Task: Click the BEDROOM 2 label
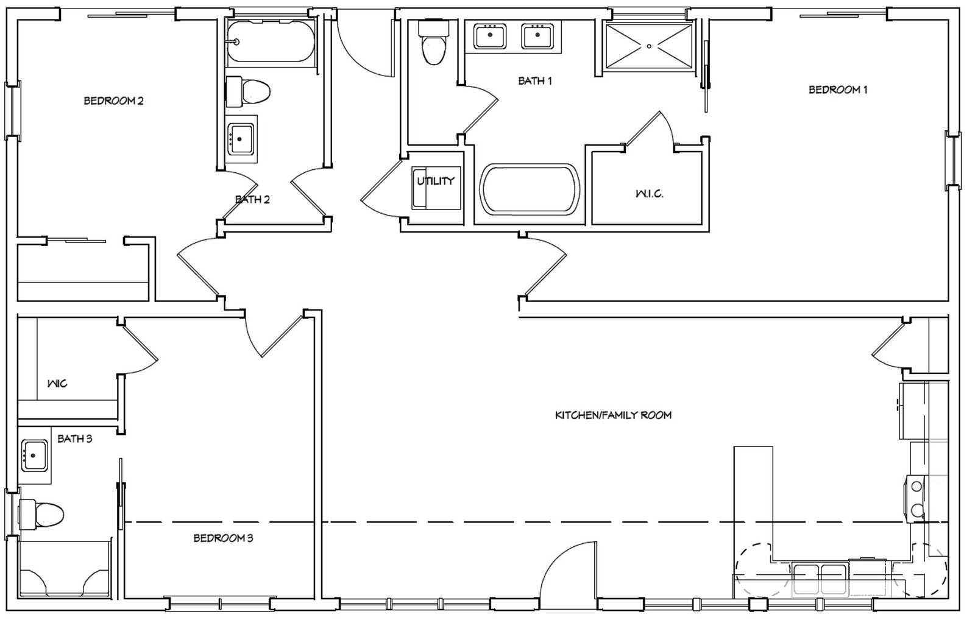click(x=113, y=100)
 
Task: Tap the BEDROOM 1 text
click(x=837, y=90)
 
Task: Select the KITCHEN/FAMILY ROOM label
click(x=613, y=415)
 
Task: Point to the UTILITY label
click(x=435, y=181)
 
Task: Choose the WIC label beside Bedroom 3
click(x=57, y=383)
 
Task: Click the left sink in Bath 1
click(x=490, y=36)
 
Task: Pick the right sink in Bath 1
click(x=537, y=36)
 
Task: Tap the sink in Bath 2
click(x=241, y=139)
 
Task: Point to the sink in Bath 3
click(x=34, y=455)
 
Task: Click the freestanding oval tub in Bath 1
click(x=530, y=189)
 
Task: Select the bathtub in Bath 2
click(x=270, y=41)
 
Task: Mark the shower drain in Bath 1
click(x=650, y=46)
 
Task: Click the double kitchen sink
click(x=820, y=579)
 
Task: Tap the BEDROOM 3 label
click(x=223, y=538)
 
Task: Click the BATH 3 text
click(x=75, y=438)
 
